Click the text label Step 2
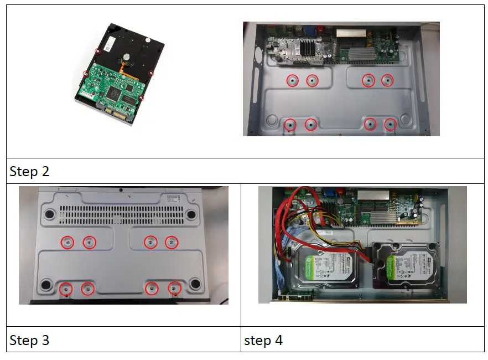coord(29,172)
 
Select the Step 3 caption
coord(29,340)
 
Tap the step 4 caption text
coord(263,340)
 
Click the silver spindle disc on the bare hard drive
coord(127,55)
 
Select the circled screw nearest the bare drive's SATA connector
coord(141,99)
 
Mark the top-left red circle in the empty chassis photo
coord(292,81)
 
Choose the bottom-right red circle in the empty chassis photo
coord(390,125)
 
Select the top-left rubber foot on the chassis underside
coord(50,213)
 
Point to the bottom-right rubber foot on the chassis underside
coord(194,284)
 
